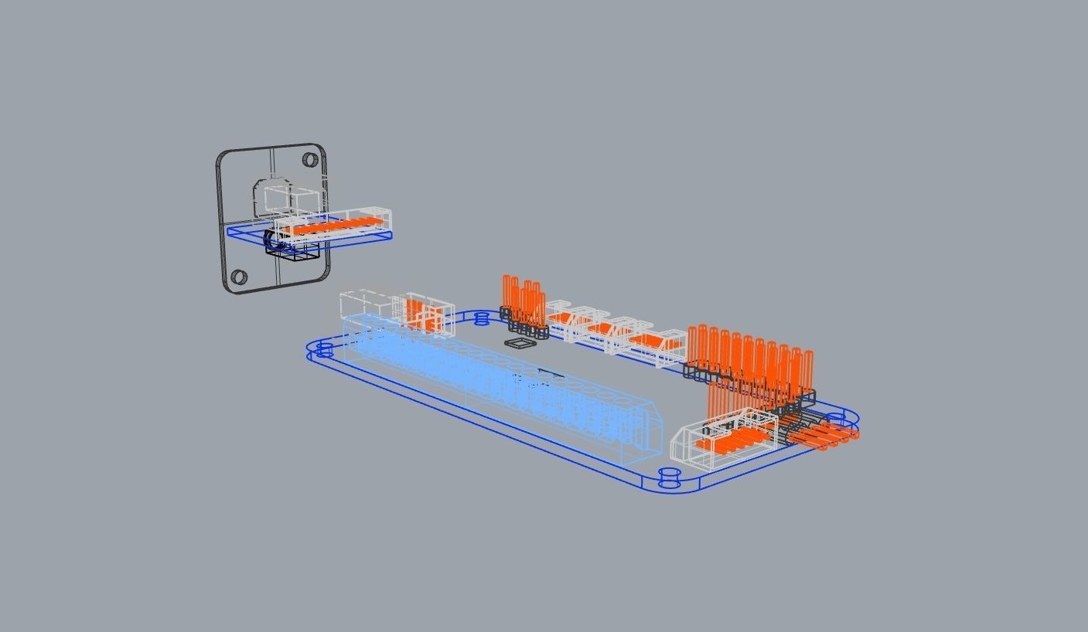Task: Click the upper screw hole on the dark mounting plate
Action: click(310, 160)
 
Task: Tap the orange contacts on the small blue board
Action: click(337, 226)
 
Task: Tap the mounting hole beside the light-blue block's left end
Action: click(323, 350)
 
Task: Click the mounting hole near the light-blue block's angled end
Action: click(669, 477)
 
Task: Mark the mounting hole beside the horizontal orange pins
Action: click(836, 419)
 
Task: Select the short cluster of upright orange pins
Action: click(524, 301)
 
